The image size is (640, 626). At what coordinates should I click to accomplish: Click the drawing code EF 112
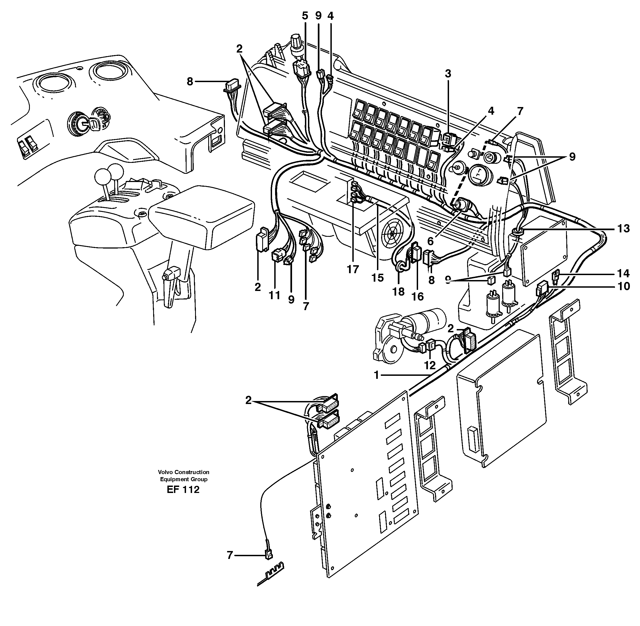tap(183, 490)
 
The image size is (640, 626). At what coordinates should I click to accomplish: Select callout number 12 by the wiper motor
tap(430, 365)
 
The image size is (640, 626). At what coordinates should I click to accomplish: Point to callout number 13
tap(623, 229)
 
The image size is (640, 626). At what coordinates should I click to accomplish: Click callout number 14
tap(623, 273)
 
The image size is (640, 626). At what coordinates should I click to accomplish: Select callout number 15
tap(378, 278)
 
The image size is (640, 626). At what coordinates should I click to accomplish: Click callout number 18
tap(398, 291)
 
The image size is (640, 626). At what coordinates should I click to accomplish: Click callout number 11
tap(275, 295)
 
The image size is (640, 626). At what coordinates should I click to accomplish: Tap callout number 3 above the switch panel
tap(448, 74)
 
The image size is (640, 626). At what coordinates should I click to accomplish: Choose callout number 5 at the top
tap(305, 16)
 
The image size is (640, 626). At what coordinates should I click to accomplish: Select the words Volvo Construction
tap(183, 472)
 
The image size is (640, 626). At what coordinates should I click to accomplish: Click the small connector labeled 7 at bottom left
tap(268, 556)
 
